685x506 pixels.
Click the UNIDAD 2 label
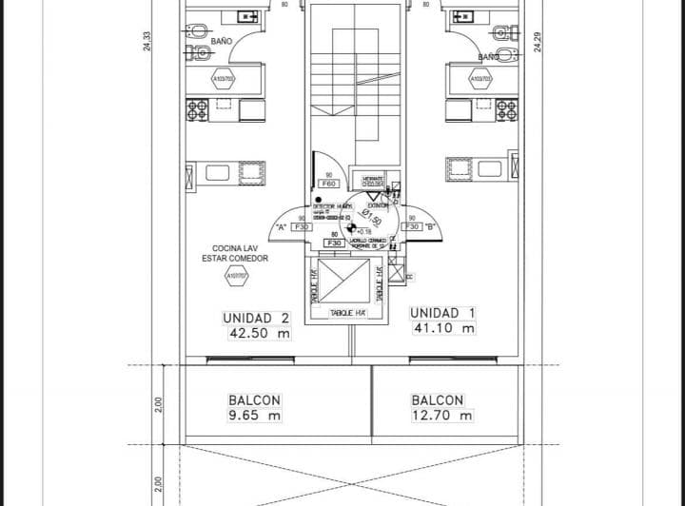[256, 318]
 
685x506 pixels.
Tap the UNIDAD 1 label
[442, 313]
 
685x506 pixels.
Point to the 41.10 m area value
[444, 328]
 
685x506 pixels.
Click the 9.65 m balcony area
[254, 416]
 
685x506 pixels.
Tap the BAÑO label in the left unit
[221, 42]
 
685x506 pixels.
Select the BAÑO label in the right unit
[488, 57]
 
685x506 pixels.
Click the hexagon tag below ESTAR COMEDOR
[235, 277]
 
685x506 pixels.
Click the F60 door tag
[329, 184]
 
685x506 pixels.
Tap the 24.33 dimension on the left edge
[147, 42]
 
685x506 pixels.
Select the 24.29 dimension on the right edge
[538, 42]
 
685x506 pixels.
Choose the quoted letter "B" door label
[431, 227]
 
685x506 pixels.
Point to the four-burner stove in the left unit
[198, 109]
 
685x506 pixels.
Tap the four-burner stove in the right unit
[461, 109]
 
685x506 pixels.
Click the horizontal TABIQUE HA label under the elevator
[348, 312]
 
